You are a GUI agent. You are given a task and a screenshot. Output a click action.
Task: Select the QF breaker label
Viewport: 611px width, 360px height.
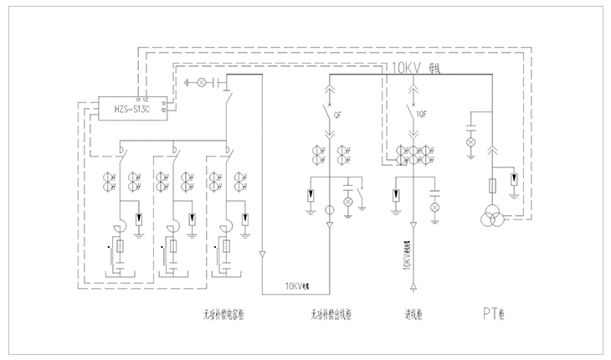pos(338,116)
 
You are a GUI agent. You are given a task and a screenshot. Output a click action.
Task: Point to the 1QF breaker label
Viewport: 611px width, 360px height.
pos(423,116)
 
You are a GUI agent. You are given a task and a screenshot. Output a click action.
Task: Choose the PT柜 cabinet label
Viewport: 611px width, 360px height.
pos(494,316)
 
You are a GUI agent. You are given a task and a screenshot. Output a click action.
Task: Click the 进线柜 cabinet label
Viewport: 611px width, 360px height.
pos(412,316)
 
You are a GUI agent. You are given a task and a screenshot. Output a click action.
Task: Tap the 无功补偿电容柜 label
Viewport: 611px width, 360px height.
pos(221,316)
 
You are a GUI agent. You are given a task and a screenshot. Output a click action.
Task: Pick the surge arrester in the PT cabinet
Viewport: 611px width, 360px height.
pos(513,179)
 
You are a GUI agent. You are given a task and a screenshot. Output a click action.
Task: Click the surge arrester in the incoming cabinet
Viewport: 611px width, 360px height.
pos(393,197)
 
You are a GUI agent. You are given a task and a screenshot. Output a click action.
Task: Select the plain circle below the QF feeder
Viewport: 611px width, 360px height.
pos(330,208)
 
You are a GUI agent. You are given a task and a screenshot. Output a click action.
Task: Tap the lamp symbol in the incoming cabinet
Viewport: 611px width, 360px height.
pos(434,206)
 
